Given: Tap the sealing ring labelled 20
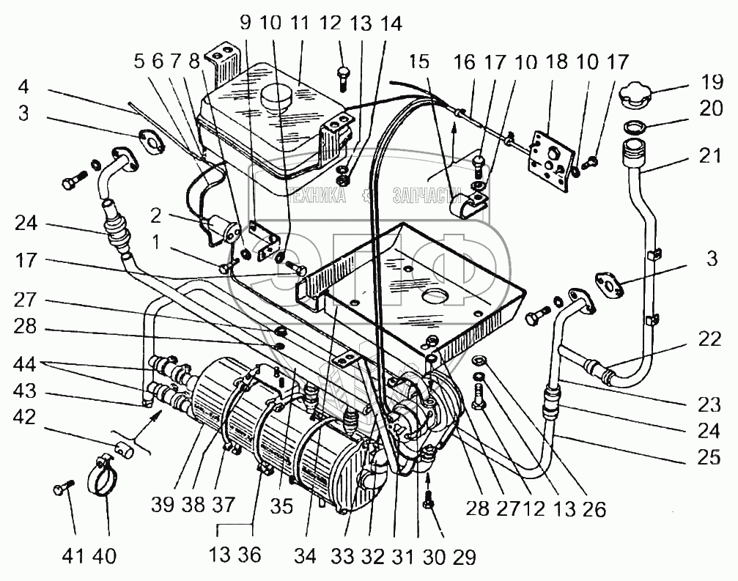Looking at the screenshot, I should point(635,127).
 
